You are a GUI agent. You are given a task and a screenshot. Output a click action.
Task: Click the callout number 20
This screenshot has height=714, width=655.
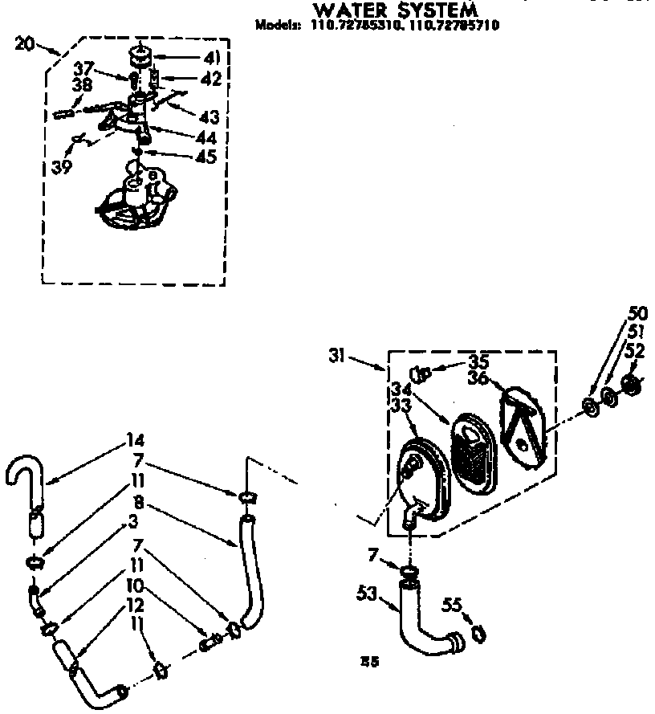click(25, 45)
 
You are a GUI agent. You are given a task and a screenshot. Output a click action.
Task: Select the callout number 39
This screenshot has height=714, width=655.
click(62, 167)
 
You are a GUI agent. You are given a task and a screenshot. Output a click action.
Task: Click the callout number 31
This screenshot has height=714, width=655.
click(338, 354)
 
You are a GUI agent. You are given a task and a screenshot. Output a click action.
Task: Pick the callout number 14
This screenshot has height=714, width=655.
click(135, 440)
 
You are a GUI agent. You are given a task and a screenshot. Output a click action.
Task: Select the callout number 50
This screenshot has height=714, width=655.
click(638, 313)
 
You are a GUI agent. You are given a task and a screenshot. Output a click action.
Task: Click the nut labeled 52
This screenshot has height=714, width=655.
click(631, 386)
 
